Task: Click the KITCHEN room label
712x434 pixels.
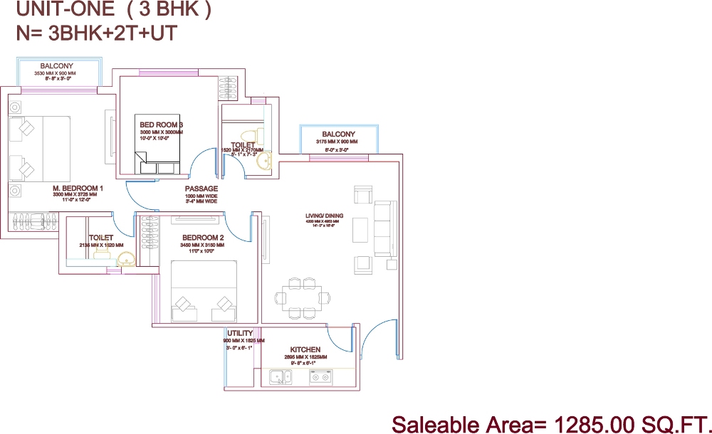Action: tap(305, 349)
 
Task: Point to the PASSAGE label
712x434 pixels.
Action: tap(201, 189)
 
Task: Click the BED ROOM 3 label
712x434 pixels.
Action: tap(162, 125)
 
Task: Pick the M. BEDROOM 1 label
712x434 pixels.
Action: tap(78, 189)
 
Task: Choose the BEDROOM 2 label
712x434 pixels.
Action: tap(203, 238)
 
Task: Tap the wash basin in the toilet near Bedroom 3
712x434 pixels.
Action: tap(263, 163)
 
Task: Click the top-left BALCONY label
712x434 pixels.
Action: tap(56, 66)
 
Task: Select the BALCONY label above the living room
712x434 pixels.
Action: tap(338, 134)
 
